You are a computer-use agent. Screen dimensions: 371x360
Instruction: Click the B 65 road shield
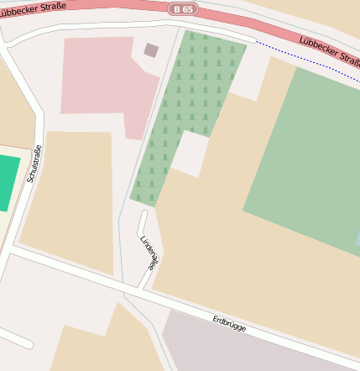[182, 8]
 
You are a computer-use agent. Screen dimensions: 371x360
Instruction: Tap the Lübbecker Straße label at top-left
[33, 8]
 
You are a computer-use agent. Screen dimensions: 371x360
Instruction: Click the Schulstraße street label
[34, 164]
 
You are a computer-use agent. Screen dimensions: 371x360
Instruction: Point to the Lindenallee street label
[148, 252]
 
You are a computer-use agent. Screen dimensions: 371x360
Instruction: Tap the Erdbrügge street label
[229, 323]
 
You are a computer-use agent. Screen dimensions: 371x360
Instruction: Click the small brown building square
[151, 50]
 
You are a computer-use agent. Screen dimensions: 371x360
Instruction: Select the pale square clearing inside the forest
[190, 153]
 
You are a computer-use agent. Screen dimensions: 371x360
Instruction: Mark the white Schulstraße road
[38, 126]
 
